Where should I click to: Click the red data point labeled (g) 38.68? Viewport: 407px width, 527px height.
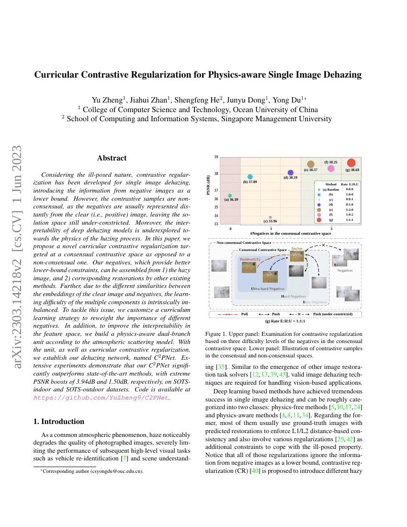pos(351,163)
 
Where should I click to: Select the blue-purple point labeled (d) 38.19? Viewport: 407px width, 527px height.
pos(290,172)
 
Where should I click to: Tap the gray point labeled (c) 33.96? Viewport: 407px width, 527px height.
pos(271,217)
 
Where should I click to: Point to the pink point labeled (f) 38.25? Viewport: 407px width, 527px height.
pos(331,168)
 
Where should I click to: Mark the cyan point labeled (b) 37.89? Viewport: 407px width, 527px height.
pos(250,177)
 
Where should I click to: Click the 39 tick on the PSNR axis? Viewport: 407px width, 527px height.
pos(216,157)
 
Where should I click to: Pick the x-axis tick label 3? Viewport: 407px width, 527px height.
pos(331,229)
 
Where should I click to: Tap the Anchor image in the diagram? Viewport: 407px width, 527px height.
pos(296,256)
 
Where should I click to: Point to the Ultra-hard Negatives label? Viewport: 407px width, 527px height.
pos(268,289)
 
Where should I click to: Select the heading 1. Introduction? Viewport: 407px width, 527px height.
pos(58,422)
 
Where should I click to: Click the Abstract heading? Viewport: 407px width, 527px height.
pos(112,158)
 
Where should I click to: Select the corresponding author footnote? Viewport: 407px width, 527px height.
pos(91,471)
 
